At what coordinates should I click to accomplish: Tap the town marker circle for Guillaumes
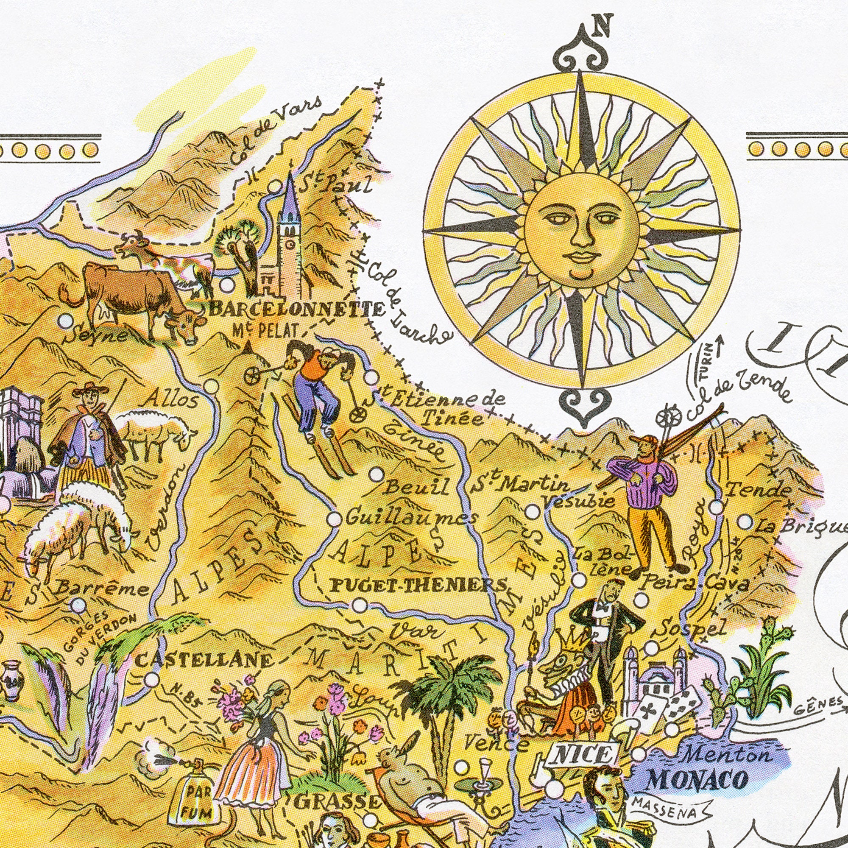[334, 519]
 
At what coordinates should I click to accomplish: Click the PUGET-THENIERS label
[417, 585]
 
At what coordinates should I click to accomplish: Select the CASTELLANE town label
[204, 659]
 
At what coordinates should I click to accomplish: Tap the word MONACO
[698, 779]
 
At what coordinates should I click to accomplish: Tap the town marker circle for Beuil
[377, 474]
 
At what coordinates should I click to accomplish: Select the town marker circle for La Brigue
[745, 522]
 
